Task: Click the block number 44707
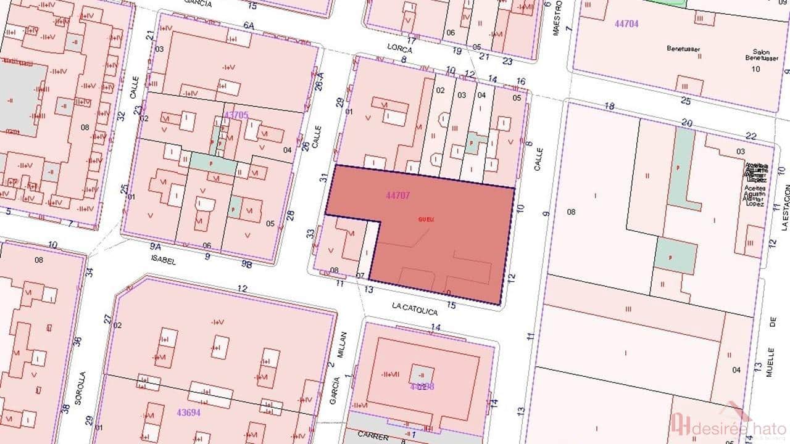398,195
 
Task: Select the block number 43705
236,115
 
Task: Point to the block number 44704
626,24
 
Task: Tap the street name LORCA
399,47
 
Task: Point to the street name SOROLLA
79,387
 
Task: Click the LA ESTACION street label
784,210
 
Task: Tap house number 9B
247,263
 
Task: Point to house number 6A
249,25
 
